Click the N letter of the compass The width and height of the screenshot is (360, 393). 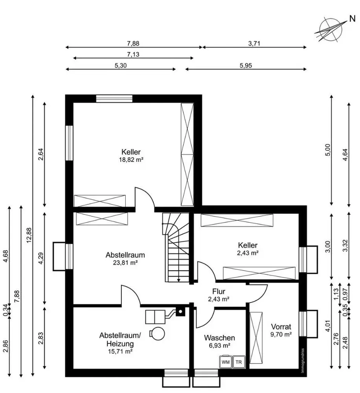click(x=353, y=18)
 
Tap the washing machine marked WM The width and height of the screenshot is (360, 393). click(x=226, y=362)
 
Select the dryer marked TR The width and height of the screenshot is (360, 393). click(x=239, y=362)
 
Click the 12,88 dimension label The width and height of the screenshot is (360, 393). click(x=29, y=235)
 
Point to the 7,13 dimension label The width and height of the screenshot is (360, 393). click(x=133, y=54)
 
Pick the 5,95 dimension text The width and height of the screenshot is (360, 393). click(x=246, y=65)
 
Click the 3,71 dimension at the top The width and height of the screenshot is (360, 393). click(x=254, y=43)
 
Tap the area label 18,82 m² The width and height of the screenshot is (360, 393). click(x=131, y=160)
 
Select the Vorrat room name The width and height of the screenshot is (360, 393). click(x=281, y=327)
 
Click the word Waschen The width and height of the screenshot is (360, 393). click(x=219, y=338)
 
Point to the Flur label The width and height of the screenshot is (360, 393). click(x=219, y=291)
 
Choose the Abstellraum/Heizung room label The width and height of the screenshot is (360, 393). click(x=120, y=340)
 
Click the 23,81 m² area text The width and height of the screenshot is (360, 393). click(x=125, y=263)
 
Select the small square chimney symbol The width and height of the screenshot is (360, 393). click(x=180, y=312)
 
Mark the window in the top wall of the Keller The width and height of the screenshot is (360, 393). click(x=114, y=99)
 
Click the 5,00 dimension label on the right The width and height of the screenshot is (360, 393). click(x=329, y=150)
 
